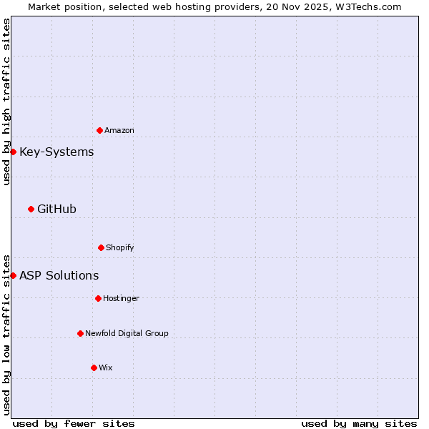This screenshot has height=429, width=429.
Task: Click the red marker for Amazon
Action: [x=99, y=130]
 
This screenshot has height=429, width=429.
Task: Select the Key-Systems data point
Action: [x=13, y=152]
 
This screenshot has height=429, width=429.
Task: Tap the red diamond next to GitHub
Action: [x=31, y=209]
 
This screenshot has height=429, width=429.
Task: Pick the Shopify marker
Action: [x=101, y=247]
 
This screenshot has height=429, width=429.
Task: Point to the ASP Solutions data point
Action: [x=13, y=275]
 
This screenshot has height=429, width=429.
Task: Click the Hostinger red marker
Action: [x=98, y=298]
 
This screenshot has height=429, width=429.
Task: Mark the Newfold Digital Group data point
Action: [x=80, y=333]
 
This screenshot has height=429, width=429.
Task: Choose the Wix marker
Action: [x=94, y=368]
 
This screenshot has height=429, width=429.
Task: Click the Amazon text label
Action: [x=119, y=130]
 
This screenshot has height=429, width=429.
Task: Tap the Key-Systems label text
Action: [x=56, y=152]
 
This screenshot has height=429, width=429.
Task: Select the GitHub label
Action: [x=56, y=209]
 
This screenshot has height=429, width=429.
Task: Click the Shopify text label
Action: [x=120, y=247]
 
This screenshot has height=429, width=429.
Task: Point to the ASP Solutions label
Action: [x=59, y=275]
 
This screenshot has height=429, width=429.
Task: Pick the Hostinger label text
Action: [x=121, y=298]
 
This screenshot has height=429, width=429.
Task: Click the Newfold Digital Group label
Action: [x=127, y=333]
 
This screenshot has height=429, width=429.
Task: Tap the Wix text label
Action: [x=106, y=368]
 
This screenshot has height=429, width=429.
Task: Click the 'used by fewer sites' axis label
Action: [x=74, y=423]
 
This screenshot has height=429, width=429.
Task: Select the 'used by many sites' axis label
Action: [x=359, y=423]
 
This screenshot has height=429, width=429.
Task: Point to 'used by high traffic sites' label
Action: [x=6, y=102]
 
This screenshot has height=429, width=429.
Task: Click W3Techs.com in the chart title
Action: [x=368, y=6]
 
